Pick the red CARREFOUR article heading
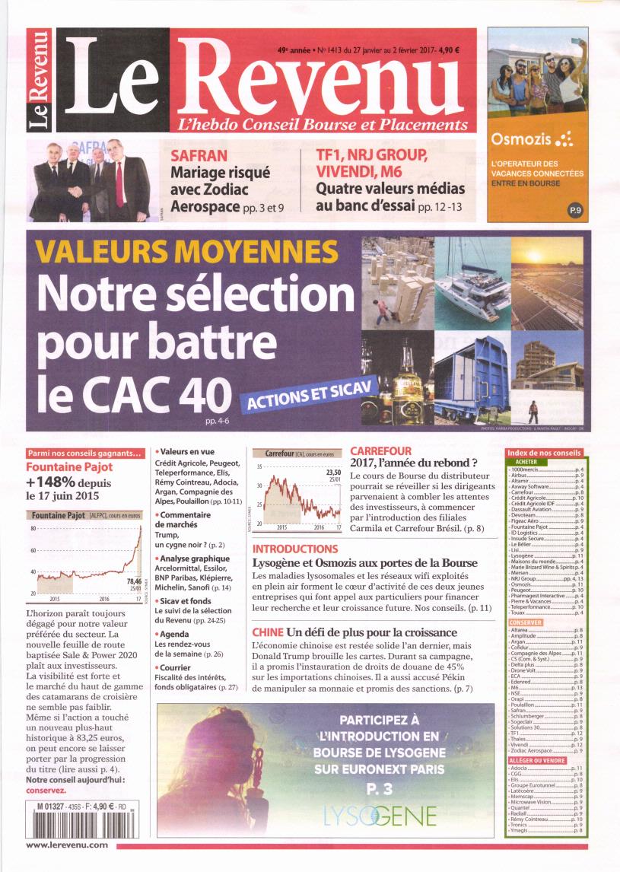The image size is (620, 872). point(380,451)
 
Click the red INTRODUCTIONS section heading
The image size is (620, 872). point(295,549)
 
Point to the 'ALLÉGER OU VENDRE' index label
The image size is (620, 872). point(536,760)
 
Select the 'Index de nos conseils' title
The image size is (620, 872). point(543,453)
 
